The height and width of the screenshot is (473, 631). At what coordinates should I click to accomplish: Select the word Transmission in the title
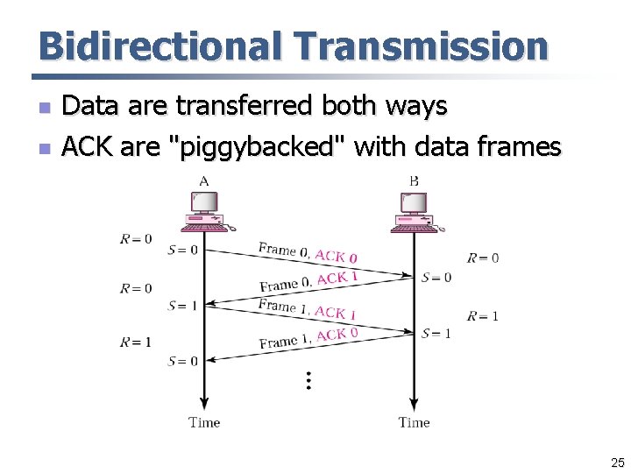[x=422, y=46]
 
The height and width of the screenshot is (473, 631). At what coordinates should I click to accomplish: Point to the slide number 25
[x=617, y=462]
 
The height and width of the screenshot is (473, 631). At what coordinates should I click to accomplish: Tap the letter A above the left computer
[x=204, y=181]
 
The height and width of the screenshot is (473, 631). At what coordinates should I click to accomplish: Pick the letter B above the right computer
[x=414, y=181]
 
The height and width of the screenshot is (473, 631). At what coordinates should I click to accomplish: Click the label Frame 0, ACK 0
[x=308, y=253]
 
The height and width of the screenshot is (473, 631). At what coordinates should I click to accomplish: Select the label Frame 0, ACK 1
[x=308, y=280]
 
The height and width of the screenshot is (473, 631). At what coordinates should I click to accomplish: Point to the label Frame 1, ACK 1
[x=307, y=309]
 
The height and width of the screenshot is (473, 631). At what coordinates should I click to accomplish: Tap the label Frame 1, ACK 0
[x=308, y=337]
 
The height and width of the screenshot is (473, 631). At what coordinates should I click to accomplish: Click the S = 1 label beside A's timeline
[x=182, y=306]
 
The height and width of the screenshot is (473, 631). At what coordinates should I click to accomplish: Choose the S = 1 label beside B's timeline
[x=436, y=333]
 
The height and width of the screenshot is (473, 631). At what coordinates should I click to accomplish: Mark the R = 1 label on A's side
[x=136, y=342]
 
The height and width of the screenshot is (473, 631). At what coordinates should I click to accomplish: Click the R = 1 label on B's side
[x=483, y=316]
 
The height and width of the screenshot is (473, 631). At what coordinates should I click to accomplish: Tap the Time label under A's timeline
[x=204, y=422]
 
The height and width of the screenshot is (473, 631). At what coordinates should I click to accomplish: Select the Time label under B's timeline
[x=414, y=422]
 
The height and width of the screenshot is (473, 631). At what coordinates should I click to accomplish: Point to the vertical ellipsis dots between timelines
[x=308, y=380]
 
